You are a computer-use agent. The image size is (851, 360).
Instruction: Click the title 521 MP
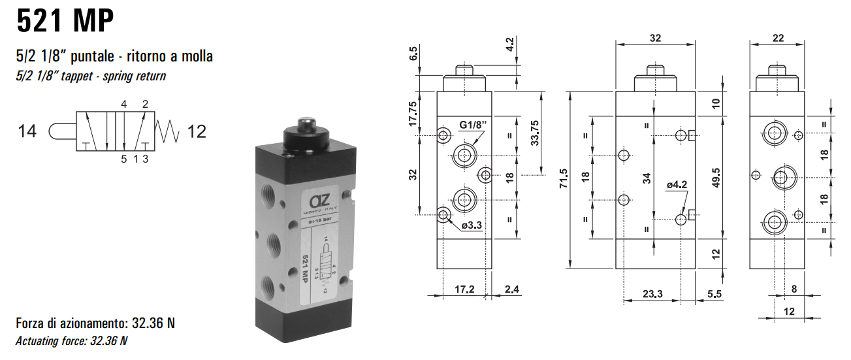65,22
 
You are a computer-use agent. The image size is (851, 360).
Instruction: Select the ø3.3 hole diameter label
471,225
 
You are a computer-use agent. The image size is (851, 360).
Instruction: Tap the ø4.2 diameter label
677,185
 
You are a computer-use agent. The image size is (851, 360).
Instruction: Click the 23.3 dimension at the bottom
652,294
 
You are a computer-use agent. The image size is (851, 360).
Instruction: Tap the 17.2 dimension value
464,288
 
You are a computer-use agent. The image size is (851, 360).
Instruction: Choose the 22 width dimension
777,39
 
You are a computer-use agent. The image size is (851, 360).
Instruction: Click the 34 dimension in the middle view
647,178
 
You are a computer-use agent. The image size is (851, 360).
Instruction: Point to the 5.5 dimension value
714,294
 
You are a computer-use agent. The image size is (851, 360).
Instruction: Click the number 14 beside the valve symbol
27,131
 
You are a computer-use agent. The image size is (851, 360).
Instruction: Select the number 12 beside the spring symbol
197,131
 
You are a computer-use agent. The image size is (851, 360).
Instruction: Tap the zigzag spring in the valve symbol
167,131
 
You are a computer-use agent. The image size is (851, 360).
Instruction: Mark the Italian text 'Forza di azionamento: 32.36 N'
95,323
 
